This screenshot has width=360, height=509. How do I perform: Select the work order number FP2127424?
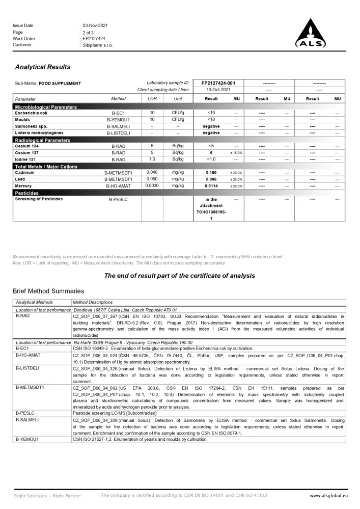coord(94,39)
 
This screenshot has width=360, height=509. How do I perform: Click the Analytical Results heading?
coord(43,67)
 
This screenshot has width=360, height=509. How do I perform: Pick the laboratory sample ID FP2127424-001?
coord(218,83)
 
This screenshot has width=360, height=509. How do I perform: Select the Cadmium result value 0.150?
coord(211,173)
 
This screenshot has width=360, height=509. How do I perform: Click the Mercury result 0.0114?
coord(211,186)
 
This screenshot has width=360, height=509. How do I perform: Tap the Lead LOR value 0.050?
coord(152,179)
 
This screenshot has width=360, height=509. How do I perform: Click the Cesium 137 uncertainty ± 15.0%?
coord(236,153)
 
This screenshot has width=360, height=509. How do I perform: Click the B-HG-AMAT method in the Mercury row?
coord(118,186)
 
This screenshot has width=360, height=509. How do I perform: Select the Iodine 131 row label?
coord(27,159)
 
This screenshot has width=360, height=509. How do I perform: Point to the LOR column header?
coord(152,99)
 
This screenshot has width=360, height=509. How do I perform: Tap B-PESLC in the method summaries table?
coord(25,413)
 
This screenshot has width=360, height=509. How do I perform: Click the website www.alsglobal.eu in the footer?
coord(328,495)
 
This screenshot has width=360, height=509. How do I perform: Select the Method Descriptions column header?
coord(93,302)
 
